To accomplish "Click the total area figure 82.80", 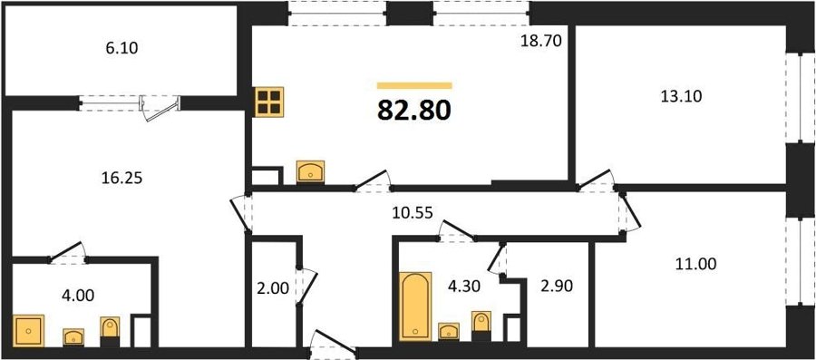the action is click(x=414, y=110).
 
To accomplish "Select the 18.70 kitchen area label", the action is click(x=541, y=42).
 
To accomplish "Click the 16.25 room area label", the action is click(x=122, y=179).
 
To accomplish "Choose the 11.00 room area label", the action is click(x=695, y=264).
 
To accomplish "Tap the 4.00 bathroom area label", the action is click(x=79, y=296).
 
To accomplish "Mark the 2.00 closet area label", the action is click(x=273, y=287).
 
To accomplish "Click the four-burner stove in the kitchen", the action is click(x=269, y=102).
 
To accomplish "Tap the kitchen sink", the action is click(x=310, y=171).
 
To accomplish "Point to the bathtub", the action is click(x=415, y=306).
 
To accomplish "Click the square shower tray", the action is click(x=29, y=330).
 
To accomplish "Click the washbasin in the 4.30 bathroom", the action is click(x=449, y=331).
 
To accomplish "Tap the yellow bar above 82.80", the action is click(x=414, y=85).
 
